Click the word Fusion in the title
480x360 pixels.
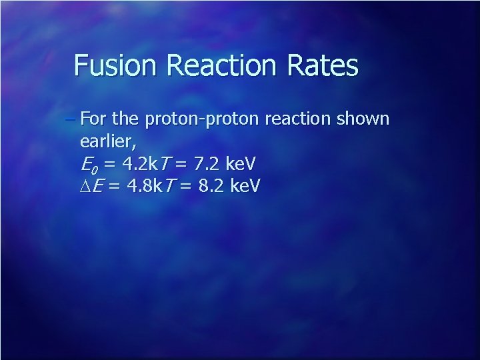111,65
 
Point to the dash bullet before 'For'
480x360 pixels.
72,120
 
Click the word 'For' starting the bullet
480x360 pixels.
92,120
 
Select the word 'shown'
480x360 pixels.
363,120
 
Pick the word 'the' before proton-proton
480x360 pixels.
125,120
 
